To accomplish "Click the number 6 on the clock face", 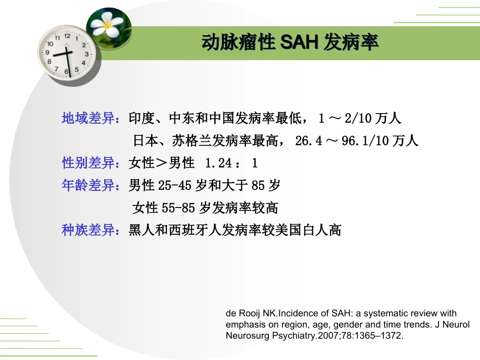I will click(x=66, y=72).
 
